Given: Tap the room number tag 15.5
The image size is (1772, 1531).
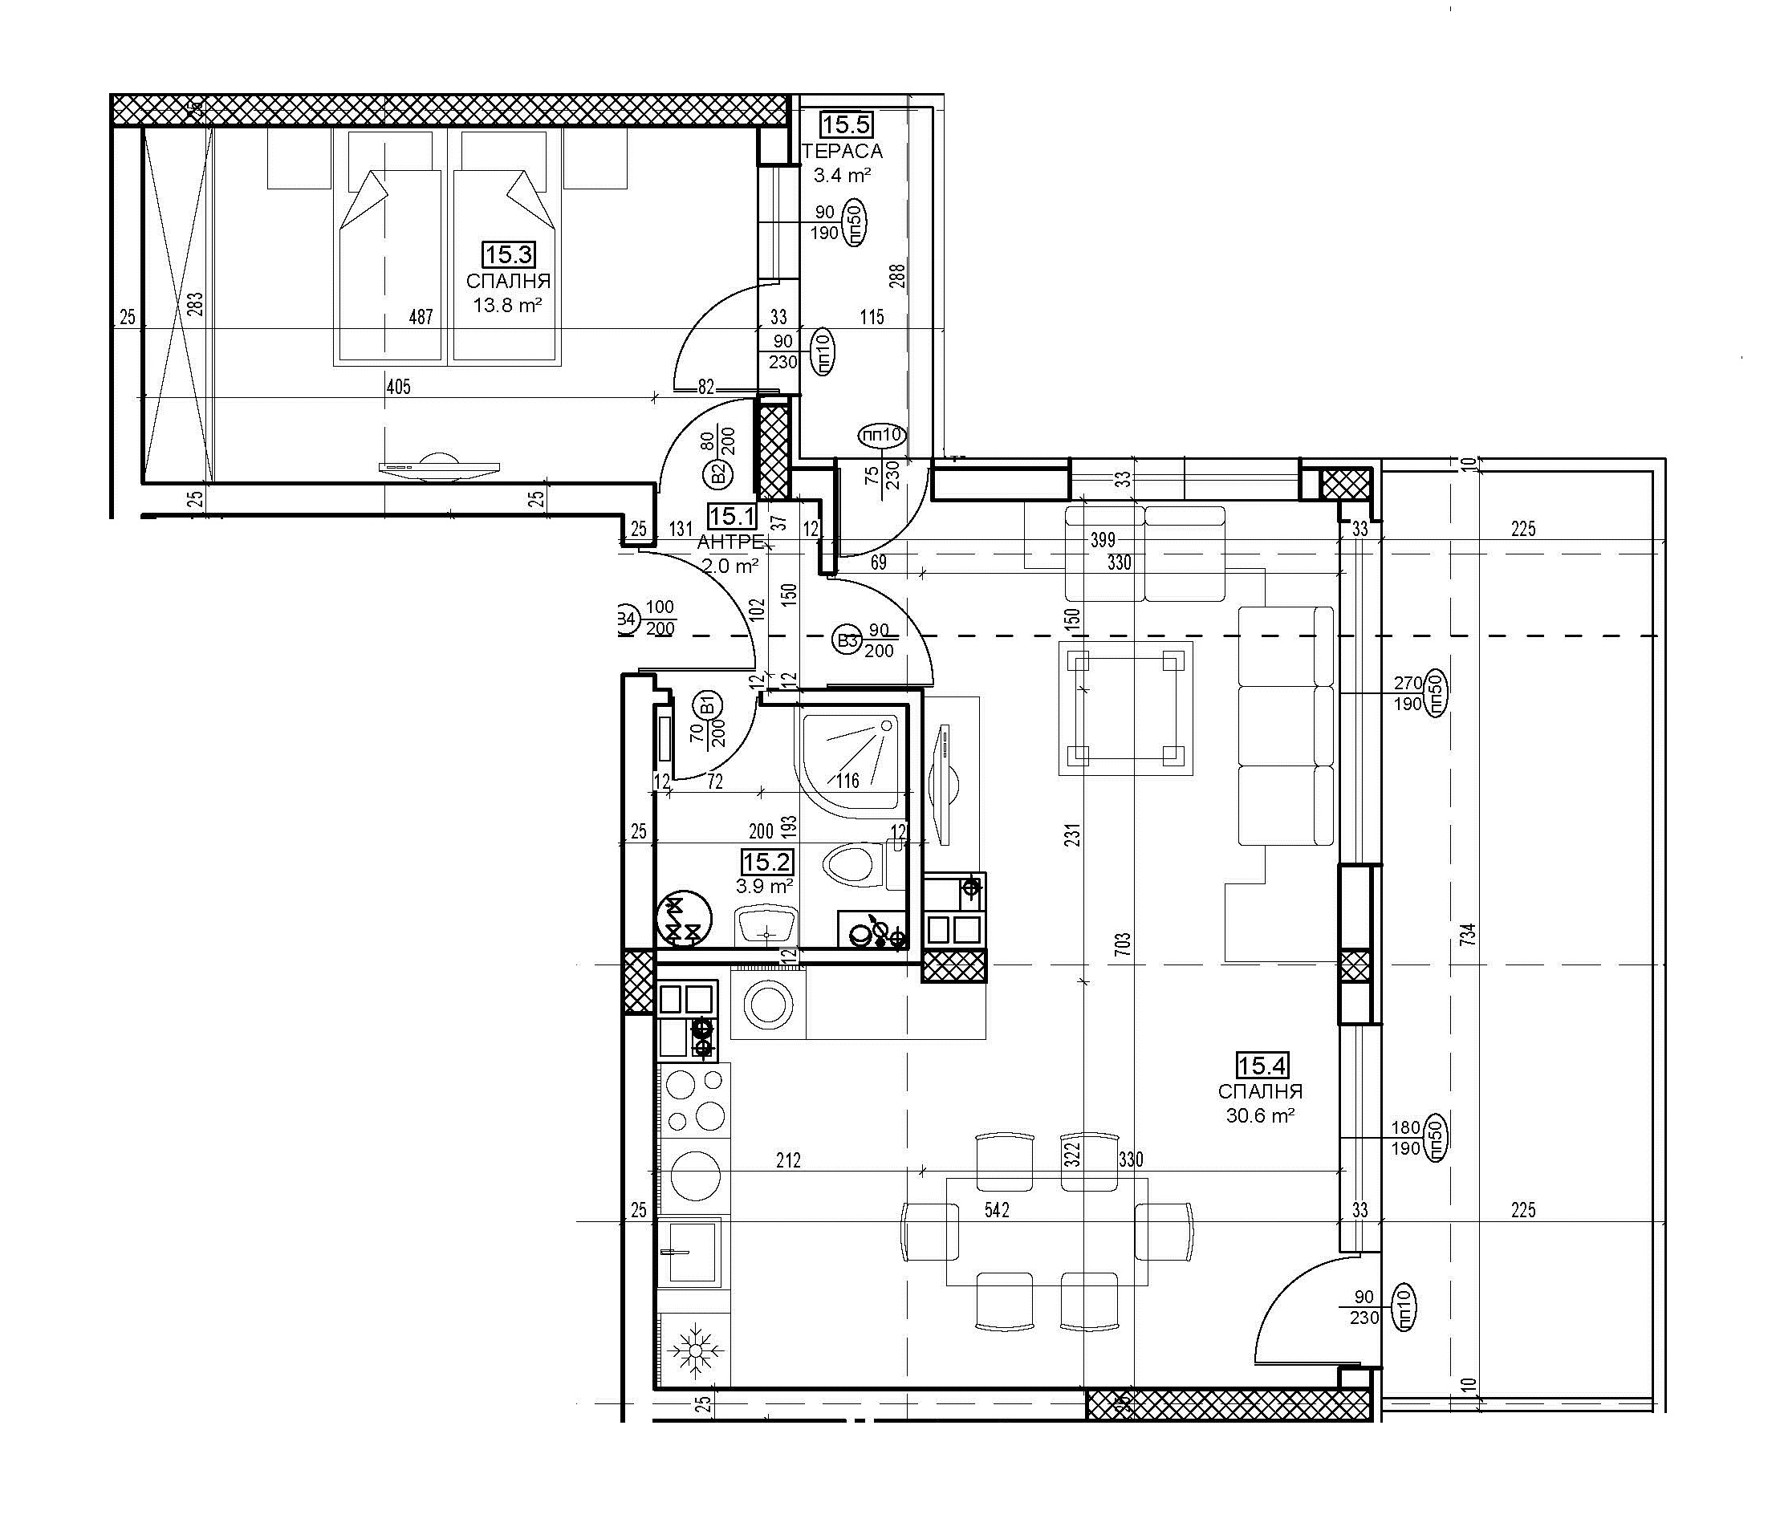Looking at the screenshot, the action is tap(845, 125).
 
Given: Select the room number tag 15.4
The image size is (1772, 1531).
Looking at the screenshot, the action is tap(1262, 1066).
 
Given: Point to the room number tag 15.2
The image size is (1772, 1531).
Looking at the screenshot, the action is tap(766, 862).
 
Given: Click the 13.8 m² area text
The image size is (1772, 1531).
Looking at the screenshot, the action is tap(508, 304).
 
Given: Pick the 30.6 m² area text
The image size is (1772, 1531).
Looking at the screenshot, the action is tap(1260, 1115).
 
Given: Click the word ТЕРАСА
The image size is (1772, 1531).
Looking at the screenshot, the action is tap(843, 152).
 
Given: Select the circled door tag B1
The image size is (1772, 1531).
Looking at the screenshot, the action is tap(709, 705).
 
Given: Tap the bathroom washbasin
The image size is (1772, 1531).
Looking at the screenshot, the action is tap(766, 925).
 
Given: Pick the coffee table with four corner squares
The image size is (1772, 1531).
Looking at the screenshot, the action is tap(1124, 709).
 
